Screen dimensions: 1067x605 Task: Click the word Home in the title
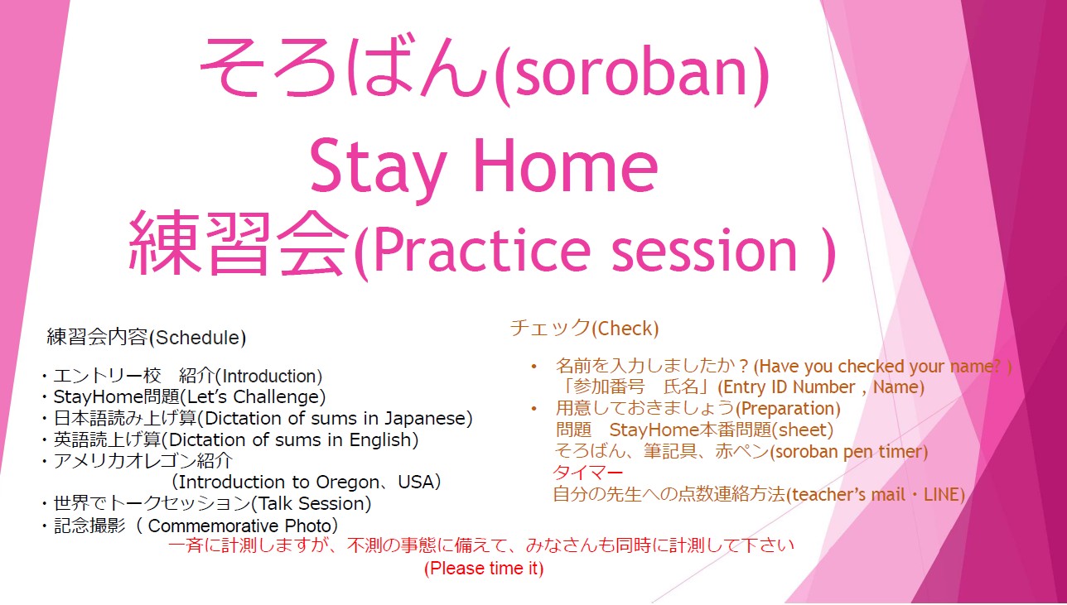567,164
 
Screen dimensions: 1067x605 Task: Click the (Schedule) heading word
198,338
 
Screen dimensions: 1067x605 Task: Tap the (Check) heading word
625,329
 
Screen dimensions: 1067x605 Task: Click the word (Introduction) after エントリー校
268,376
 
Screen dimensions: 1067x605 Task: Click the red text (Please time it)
484,569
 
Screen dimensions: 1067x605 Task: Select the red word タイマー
588,473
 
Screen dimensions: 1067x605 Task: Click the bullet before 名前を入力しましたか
534,367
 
